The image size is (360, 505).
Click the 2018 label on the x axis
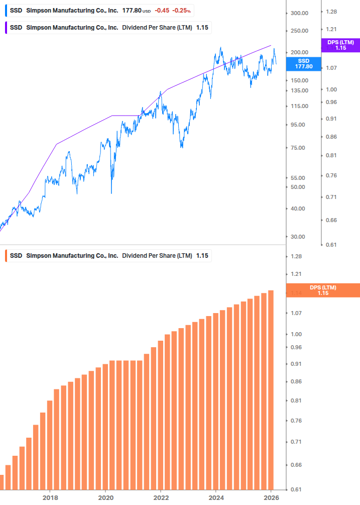[50, 497]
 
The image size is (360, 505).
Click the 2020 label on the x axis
[105, 497]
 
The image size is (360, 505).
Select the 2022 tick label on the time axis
[161, 497]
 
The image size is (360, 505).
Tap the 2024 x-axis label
[216, 497]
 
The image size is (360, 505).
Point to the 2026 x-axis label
[271, 497]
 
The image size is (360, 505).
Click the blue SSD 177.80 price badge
[303, 63]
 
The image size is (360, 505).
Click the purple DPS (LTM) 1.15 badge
[340, 45]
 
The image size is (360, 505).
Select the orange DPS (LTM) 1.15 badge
[322, 290]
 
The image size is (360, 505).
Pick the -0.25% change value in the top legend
[181, 11]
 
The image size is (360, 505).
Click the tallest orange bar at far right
[271, 389]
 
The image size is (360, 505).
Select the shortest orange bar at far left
[2, 482]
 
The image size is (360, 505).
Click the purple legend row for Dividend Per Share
[108, 28]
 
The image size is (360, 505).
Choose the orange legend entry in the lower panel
[108, 256]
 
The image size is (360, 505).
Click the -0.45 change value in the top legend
[161, 11]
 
